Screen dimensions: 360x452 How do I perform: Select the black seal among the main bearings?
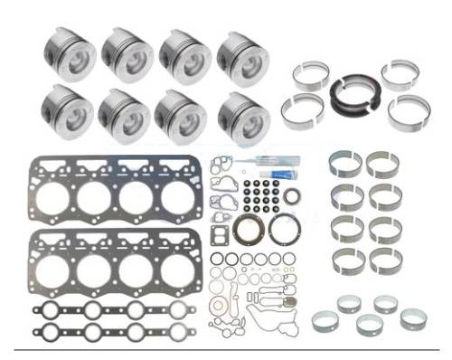349,94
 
